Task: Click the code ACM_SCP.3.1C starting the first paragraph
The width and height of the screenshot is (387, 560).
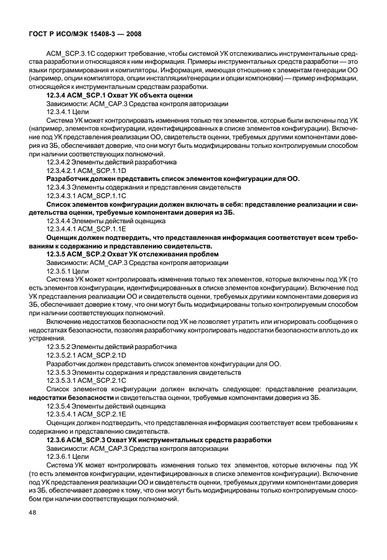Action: coord(67,54)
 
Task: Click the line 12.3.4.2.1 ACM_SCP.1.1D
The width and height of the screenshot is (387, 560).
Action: coord(87,171)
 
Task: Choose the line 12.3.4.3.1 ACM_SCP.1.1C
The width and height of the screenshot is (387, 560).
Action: coord(87,194)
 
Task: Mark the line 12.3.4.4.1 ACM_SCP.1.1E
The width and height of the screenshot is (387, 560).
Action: coord(87,228)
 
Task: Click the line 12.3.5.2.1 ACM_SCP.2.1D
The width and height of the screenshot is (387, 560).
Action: coord(87,355)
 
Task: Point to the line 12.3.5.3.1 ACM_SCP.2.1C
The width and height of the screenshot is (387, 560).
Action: coord(87,380)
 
